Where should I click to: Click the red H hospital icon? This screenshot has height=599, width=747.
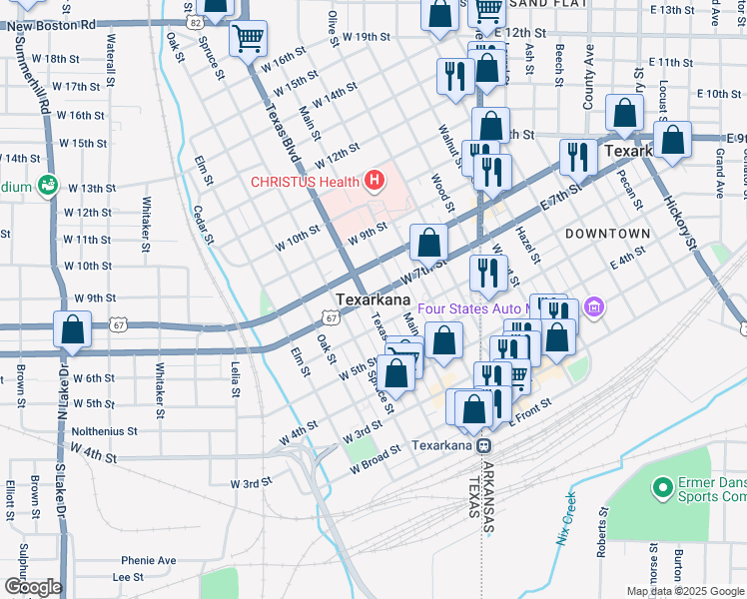click(x=374, y=181)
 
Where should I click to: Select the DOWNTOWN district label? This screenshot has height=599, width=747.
click(x=607, y=234)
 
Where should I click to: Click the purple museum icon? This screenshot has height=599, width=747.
click(x=595, y=306)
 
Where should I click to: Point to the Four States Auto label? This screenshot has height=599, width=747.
click(x=472, y=308)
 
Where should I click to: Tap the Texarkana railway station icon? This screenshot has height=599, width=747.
click(x=483, y=445)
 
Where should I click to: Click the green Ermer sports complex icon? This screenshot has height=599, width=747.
click(x=660, y=488)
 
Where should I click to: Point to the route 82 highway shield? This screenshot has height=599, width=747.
click(x=194, y=21)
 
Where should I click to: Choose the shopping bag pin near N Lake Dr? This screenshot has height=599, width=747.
click(x=72, y=330)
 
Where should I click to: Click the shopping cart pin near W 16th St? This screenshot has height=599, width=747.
click(x=248, y=40)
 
